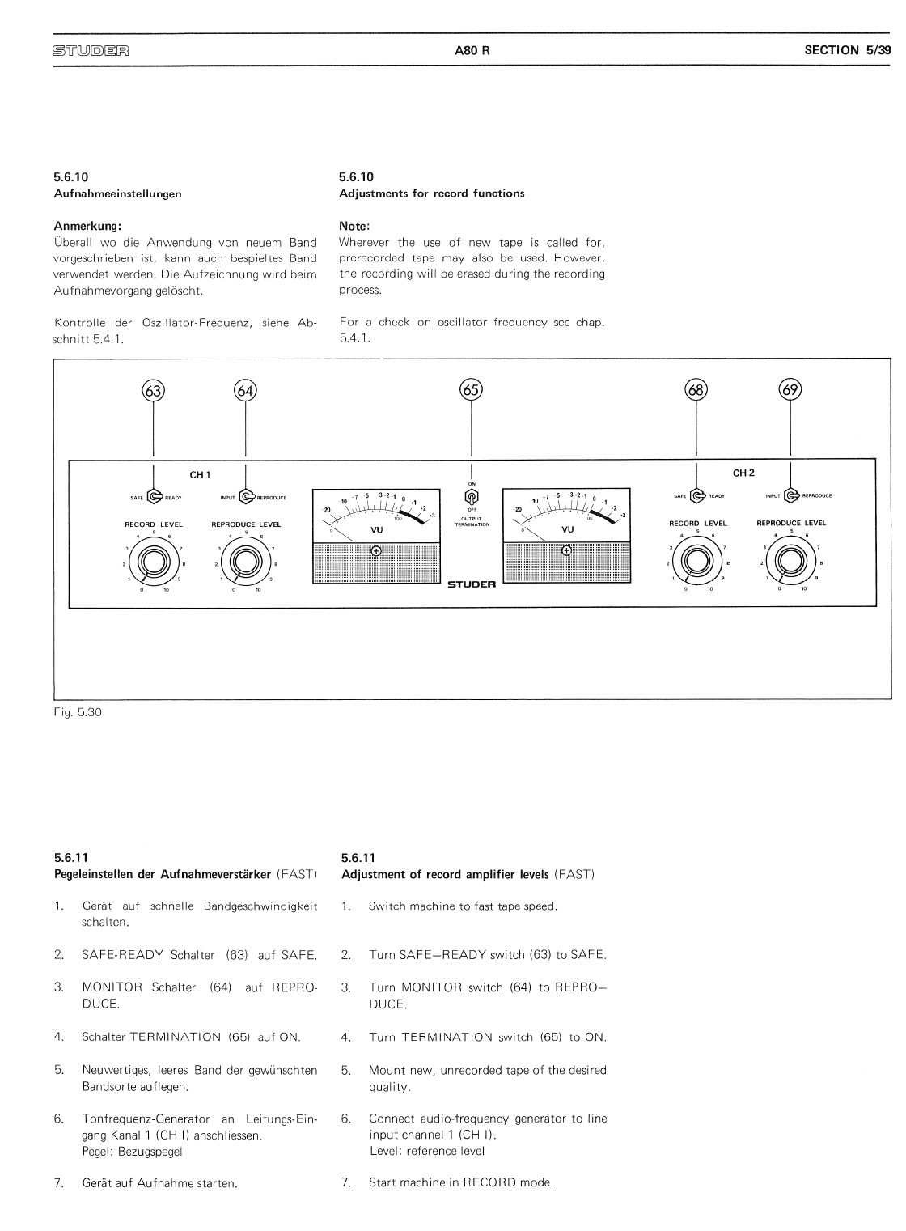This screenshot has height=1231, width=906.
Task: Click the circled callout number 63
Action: point(153,391)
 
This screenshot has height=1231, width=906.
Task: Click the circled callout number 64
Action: point(245,391)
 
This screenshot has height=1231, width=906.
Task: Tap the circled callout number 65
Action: point(471,390)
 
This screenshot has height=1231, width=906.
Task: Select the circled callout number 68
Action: point(696,390)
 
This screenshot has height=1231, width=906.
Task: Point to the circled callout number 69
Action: point(790,390)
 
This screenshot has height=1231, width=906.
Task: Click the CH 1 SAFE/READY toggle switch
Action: point(155,497)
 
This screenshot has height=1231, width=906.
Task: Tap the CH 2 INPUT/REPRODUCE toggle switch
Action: point(791,495)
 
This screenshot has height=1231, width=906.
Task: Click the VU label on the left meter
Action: point(376,530)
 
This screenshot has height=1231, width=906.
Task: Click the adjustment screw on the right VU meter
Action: point(566,550)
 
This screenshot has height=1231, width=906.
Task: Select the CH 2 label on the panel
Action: point(743,473)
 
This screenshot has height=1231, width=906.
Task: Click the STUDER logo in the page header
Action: point(91,50)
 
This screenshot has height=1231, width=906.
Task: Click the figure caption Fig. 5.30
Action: point(78,713)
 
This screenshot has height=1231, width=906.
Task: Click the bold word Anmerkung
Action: point(87,226)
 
